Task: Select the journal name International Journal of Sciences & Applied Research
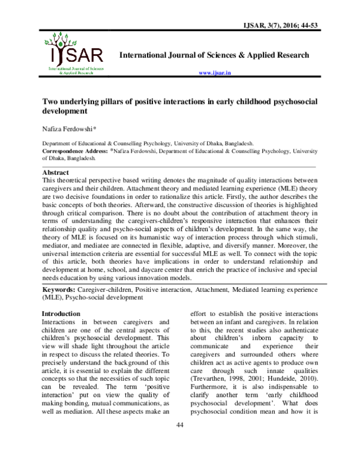tap(215, 55)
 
